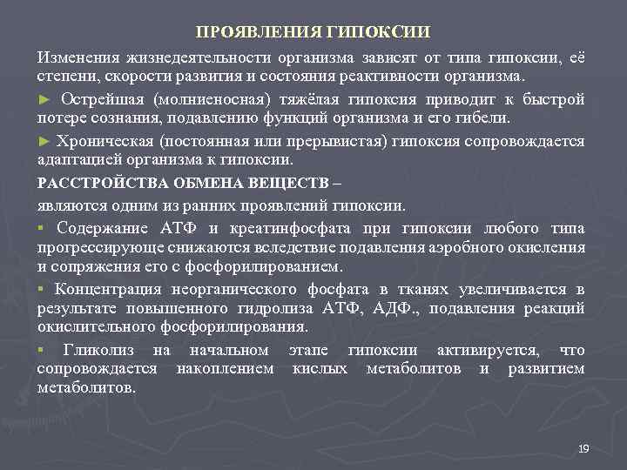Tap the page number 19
click(583, 448)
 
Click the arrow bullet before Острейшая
click(43, 98)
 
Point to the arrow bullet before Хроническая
click(43, 140)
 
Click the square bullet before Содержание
click(40, 228)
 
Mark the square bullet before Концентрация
click(40, 289)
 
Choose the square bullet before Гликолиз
click(40, 350)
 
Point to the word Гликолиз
click(103, 350)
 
